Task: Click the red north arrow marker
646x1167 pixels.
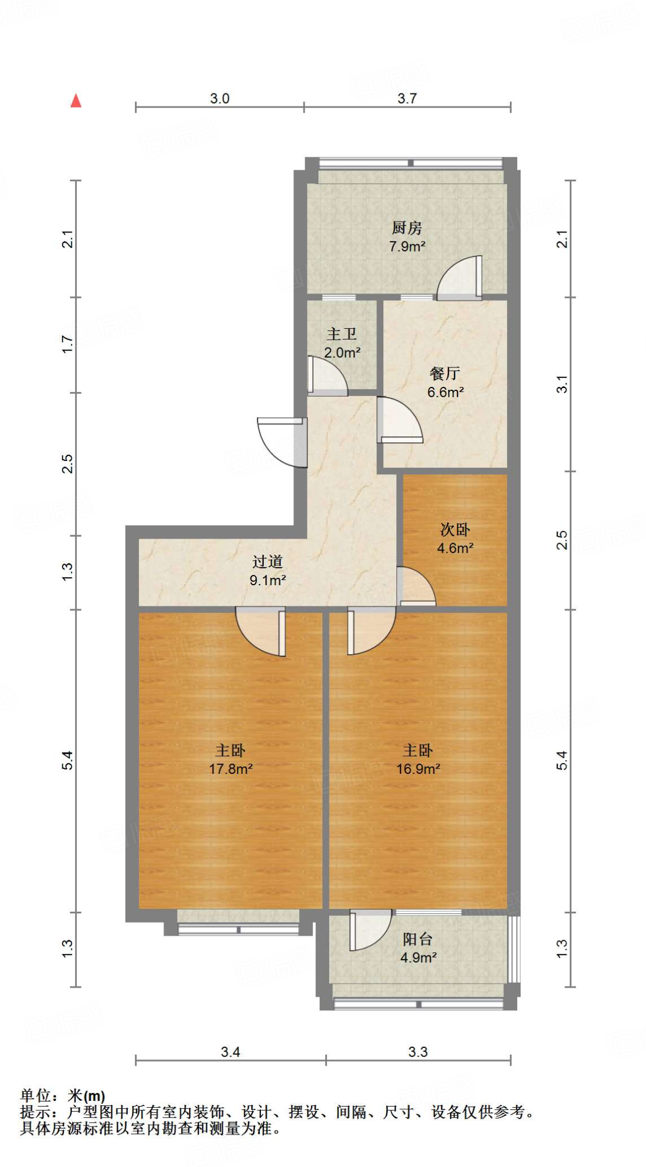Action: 76,101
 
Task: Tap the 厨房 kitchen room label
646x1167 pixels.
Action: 407,228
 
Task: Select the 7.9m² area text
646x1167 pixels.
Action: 407,247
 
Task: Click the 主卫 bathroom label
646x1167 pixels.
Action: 342,334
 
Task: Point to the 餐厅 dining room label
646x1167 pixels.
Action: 445,373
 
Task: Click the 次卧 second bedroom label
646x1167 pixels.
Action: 455,529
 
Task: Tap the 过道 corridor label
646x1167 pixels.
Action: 267,561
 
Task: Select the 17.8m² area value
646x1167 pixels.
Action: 231,769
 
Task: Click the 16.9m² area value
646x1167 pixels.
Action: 418,769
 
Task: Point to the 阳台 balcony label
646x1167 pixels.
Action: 418,939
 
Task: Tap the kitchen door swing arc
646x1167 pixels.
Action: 459,278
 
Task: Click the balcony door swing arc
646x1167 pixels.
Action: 370,930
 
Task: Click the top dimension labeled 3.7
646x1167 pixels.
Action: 407,99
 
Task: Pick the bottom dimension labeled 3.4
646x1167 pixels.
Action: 230,1052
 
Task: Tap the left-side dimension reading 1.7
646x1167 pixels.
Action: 68,344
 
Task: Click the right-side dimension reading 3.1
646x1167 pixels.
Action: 562,384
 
